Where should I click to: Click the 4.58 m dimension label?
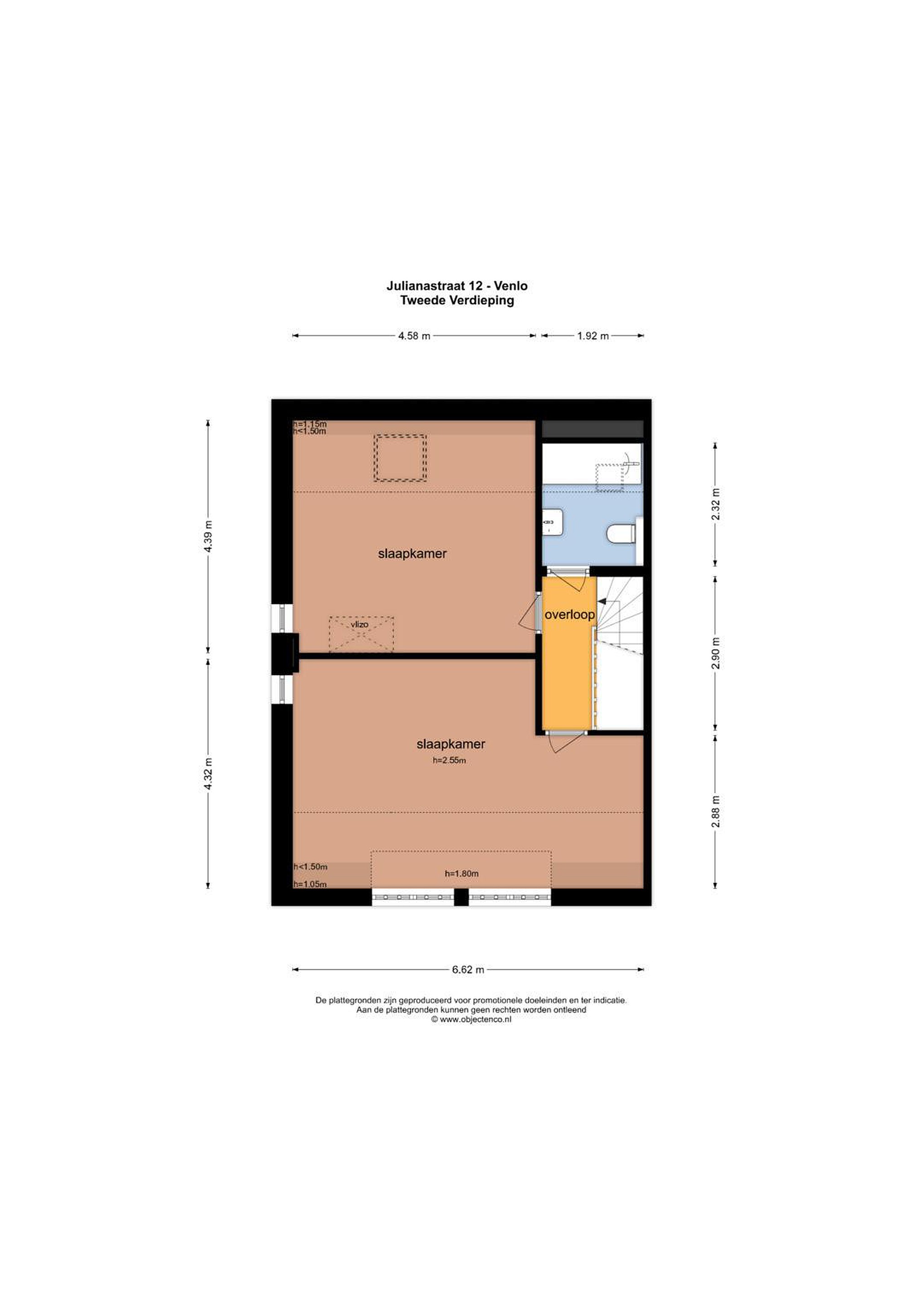point(414,336)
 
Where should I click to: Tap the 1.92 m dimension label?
point(593,336)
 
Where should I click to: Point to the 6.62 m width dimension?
point(468,970)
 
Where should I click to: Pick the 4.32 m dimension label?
point(208,773)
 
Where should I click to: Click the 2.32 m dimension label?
point(715,504)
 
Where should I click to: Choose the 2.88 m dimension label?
point(715,811)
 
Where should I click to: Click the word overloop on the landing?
point(569,615)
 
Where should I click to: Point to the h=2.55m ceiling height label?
point(449,760)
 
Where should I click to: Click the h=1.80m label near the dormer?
point(461,874)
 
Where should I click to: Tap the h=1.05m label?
point(310,884)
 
